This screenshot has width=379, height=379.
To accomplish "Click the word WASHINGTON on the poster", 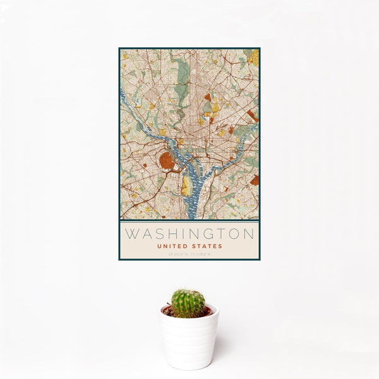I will click(x=189, y=234).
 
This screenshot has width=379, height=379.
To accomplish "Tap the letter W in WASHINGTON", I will click(x=131, y=234).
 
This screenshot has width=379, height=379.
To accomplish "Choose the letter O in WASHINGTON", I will click(x=234, y=234).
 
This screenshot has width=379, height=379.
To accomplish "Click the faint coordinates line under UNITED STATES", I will click(x=189, y=254).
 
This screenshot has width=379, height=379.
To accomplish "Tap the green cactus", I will click(x=188, y=303).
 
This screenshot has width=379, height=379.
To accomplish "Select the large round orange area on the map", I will click(x=168, y=160).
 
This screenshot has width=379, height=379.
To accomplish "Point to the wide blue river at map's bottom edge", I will click(x=192, y=212).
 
